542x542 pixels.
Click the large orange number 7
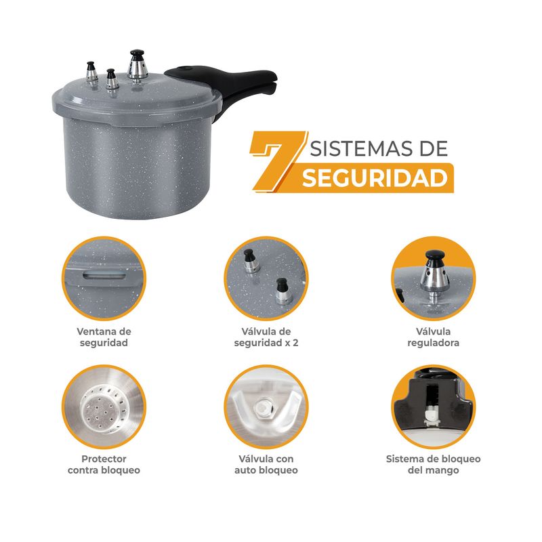pos(276,161)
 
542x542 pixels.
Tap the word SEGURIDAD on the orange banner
pos(375,178)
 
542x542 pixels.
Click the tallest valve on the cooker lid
pos(138,66)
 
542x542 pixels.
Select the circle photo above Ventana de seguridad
pos(104,278)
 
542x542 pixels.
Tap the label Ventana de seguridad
pos(104,337)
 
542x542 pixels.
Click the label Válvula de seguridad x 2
pos(266,337)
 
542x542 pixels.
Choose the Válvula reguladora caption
pos(433,337)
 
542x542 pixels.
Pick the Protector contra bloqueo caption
pos(104,464)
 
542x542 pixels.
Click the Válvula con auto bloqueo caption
pos(266,464)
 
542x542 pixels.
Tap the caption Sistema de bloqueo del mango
pos(433,464)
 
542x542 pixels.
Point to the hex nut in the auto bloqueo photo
pos(264,409)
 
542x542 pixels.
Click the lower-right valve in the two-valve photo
pos(283,291)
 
